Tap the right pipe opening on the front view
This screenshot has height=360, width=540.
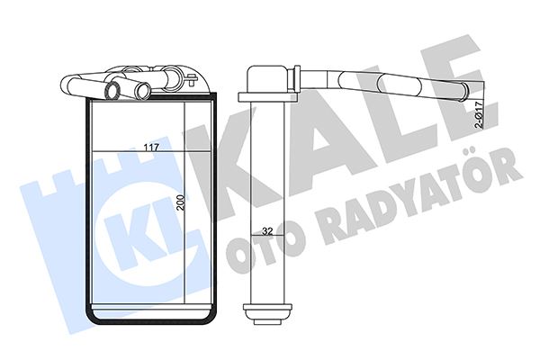point(142,91)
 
